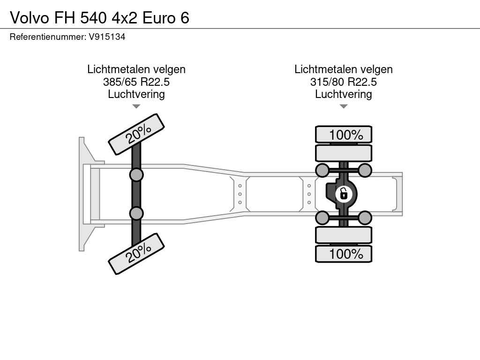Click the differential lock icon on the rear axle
tap(344, 194)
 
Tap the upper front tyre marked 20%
tap(136, 135)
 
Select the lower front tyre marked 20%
tap(136, 254)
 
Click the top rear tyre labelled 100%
tap(344, 135)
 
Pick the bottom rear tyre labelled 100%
tap(344, 254)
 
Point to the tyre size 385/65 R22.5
tap(136, 82)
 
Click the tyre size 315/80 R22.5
tap(344, 82)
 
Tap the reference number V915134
tap(107, 37)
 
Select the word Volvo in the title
tap(30, 18)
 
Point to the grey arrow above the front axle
tap(136, 106)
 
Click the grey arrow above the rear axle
tap(344, 106)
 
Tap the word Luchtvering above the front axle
tap(136, 94)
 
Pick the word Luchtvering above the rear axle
tap(344, 94)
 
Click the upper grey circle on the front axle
tap(136, 175)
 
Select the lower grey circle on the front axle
tap(136, 213)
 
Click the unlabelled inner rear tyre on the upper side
tap(344, 153)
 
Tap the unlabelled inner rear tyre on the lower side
tap(344, 235)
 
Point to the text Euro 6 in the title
tap(166, 18)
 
